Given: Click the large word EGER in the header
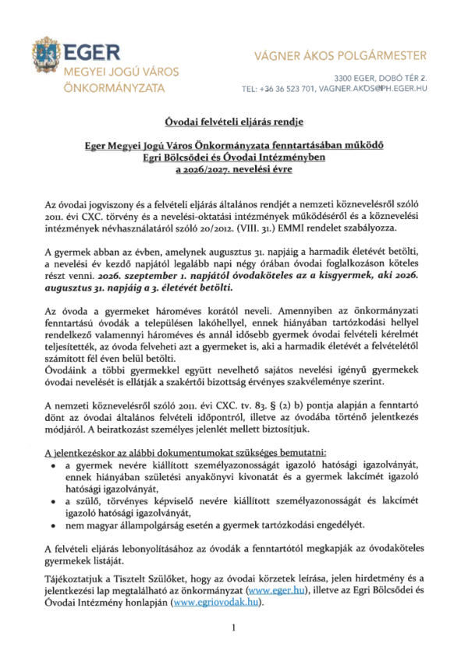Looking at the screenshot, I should coord(92,53).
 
